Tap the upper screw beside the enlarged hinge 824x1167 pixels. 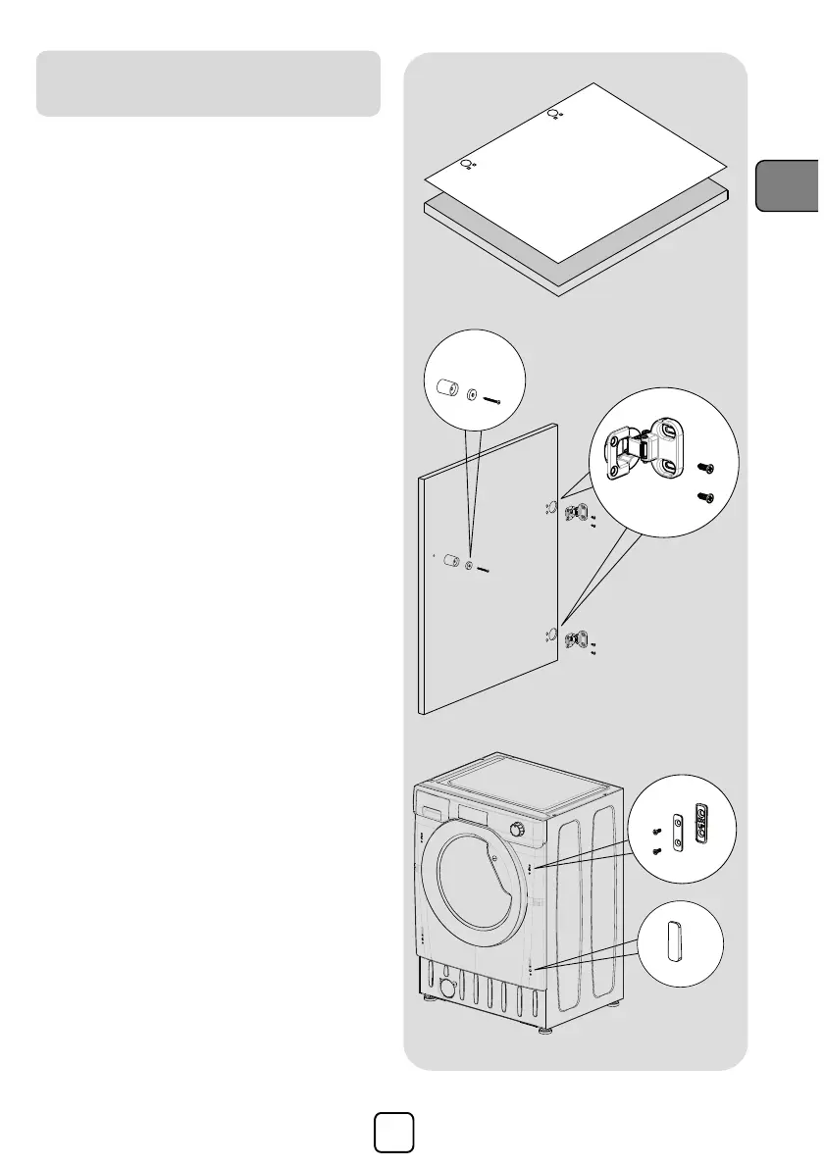tap(702, 471)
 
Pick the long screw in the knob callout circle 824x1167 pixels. tap(491, 399)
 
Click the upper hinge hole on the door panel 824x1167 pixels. tap(551, 508)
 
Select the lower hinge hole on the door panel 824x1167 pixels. tap(551, 635)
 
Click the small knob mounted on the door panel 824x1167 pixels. tap(452, 562)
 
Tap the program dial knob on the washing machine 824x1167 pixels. tap(516, 830)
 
